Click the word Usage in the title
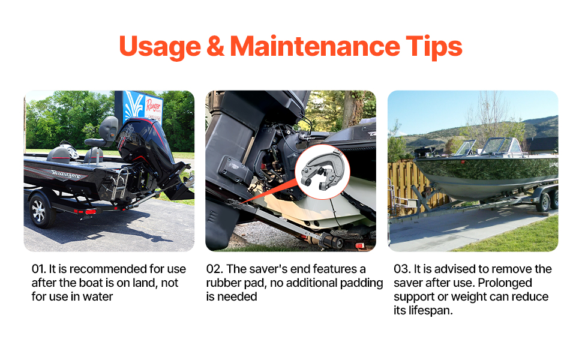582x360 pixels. pyautogui.click(x=160, y=47)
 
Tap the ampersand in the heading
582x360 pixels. pyautogui.click(x=215, y=46)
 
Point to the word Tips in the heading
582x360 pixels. pyautogui.click(x=434, y=47)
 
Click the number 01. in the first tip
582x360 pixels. pyautogui.click(x=38, y=269)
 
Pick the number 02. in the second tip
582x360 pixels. pyautogui.click(x=214, y=269)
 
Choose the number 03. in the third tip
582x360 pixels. pyautogui.click(x=402, y=269)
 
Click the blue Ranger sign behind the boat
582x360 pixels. pyautogui.click(x=139, y=107)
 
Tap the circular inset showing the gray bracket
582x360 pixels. pyautogui.click(x=322, y=172)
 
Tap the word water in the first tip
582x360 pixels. pyautogui.click(x=98, y=296)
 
